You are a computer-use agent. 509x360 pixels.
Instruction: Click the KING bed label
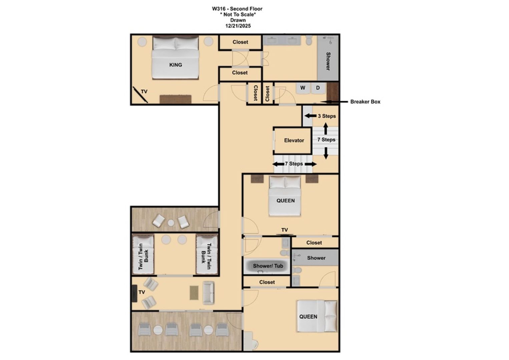(175, 65)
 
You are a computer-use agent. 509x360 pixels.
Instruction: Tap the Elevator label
(294, 140)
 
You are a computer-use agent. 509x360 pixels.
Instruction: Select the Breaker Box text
(365, 102)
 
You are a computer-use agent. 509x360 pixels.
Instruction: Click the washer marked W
(303, 88)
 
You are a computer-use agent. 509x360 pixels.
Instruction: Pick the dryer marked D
(318, 88)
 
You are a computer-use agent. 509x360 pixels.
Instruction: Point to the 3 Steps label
(327, 116)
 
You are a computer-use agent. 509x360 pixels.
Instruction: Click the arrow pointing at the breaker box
(334, 102)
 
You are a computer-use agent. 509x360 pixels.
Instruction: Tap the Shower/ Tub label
(268, 266)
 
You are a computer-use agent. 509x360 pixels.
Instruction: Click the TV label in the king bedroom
(144, 92)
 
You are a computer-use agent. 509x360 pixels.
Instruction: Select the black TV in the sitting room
(134, 293)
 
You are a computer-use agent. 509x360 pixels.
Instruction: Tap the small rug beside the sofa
(194, 293)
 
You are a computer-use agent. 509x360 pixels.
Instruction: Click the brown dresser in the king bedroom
(175, 99)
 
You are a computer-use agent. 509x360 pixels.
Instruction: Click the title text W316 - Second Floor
(237, 9)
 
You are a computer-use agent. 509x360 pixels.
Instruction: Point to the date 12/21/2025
(238, 26)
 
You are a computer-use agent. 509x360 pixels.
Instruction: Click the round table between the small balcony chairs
(171, 223)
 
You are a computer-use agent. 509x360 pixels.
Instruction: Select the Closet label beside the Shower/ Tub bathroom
(267, 282)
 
